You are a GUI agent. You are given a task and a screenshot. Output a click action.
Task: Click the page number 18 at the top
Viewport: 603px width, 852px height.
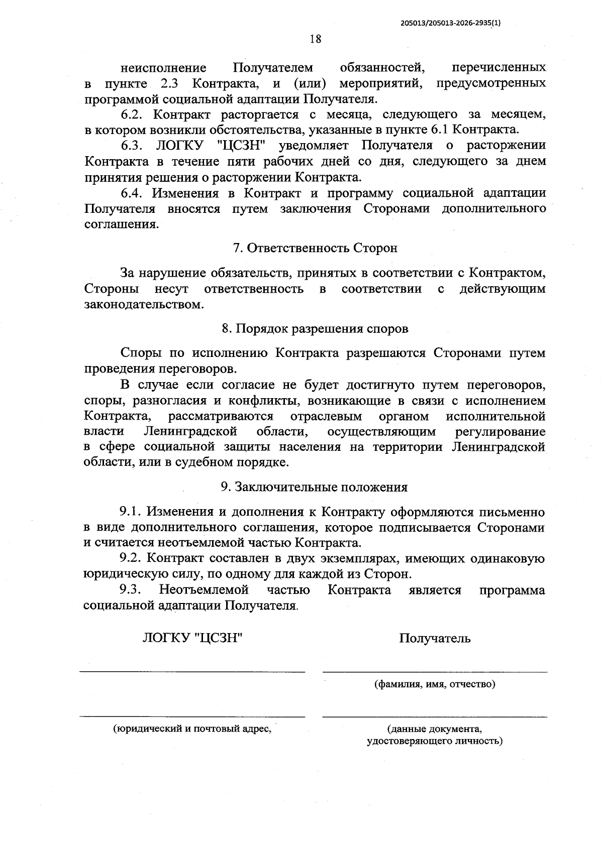(x=316, y=39)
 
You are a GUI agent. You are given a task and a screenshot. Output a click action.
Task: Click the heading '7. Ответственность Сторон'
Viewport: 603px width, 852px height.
(x=315, y=248)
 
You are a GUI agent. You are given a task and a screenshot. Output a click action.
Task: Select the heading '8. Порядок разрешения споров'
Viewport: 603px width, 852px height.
(x=315, y=329)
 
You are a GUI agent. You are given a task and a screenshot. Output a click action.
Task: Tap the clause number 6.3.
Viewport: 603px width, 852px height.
(x=132, y=146)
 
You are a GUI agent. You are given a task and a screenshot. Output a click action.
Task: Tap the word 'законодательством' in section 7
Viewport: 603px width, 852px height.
(x=144, y=305)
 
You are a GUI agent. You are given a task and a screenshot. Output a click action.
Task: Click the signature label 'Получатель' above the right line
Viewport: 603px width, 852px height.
(x=435, y=639)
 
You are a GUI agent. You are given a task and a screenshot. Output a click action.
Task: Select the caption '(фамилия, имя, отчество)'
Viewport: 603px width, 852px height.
(x=435, y=684)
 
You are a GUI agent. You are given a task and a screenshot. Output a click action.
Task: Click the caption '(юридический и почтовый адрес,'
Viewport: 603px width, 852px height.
(x=192, y=729)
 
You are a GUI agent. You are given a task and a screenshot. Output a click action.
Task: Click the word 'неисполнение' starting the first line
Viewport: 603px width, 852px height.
(x=163, y=68)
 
